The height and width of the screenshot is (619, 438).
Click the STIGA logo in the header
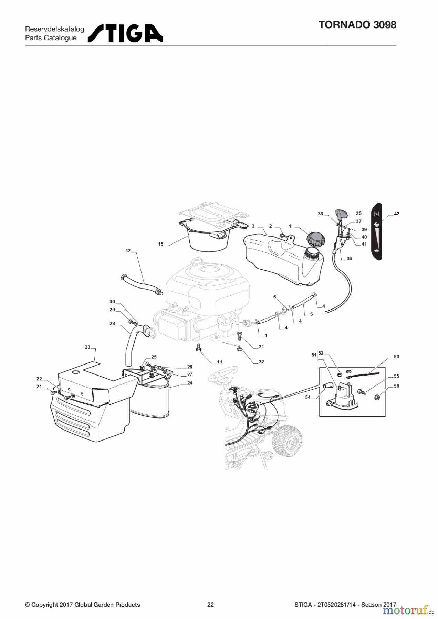(x=125, y=33)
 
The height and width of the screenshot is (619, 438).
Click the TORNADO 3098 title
(x=357, y=25)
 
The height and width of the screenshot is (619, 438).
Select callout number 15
(x=161, y=244)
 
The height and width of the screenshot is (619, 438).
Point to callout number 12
(x=128, y=251)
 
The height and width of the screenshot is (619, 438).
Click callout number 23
(x=87, y=347)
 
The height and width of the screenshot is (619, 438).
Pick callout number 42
(x=397, y=214)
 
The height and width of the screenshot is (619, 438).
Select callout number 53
(x=397, y=357)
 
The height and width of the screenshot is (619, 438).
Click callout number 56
(x=397, y=386)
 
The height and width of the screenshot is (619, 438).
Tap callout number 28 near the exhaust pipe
(x=112, y=323)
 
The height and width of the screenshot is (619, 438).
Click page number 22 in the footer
(x=210, y=605)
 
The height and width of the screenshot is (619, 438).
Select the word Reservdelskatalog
(x=55, y=29)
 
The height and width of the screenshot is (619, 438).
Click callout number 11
(x=219, y=362)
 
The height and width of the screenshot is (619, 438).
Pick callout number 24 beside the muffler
(x=190, y=383)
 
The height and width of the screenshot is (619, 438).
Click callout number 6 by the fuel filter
(x=275, y=297)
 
